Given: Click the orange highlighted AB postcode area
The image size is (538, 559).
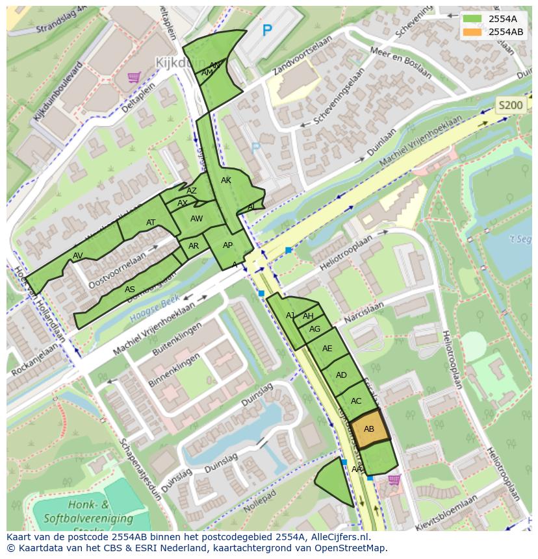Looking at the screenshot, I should (x=369, y=429).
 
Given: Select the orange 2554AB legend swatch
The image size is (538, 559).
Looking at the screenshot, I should (x=472, y=32).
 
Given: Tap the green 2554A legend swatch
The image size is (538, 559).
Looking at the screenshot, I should (x=472, y=19).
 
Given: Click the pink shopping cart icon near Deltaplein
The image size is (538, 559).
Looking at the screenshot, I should (x=134, y=77).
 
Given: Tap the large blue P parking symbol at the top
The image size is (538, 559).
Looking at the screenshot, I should (x=266, y=30).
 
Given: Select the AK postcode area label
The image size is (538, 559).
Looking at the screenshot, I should (x=225, y=180).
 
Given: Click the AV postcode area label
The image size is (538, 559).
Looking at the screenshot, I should (x=78, y=256).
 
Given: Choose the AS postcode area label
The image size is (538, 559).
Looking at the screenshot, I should (x=130, y=290).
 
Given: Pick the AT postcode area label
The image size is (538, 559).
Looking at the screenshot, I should (x=151, y=223).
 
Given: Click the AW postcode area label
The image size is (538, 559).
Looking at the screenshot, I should (x=196, y=219).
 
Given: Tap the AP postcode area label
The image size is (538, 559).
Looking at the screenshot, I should (x=227, y=245).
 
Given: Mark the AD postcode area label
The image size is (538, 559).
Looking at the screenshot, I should (x=341, y=375).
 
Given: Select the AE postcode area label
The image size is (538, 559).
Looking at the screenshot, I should (x=327, y=349).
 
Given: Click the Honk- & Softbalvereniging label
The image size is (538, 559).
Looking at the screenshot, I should (x=77, y=512).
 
